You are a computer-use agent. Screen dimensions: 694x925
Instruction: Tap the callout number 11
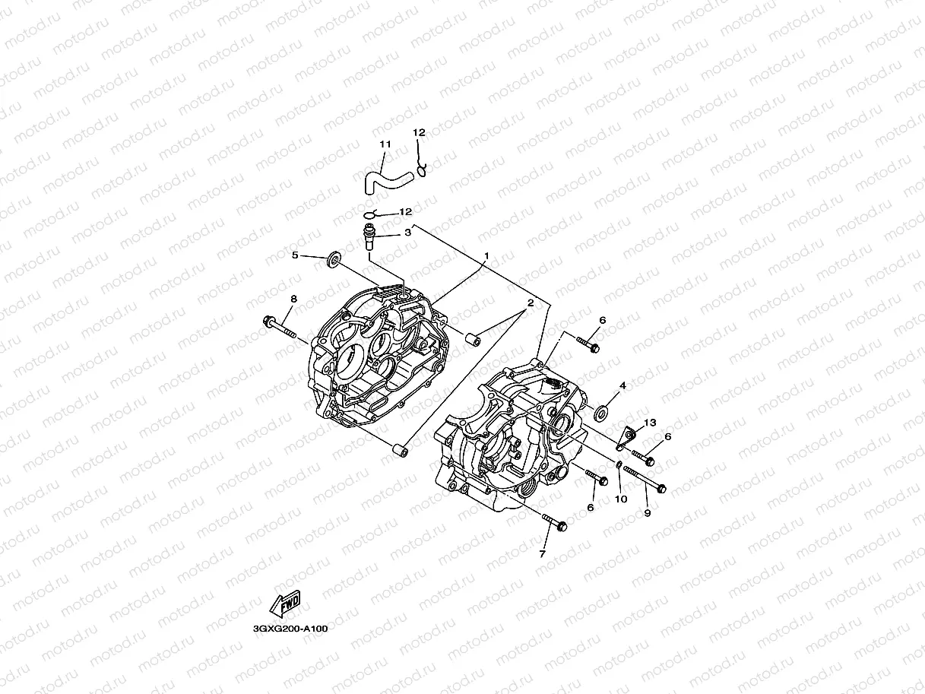[385, 144]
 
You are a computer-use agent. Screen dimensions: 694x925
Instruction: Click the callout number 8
[293, 299]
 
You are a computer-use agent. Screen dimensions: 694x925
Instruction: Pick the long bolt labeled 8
[286, 328]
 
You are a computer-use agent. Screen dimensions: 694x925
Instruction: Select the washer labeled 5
[334, 262]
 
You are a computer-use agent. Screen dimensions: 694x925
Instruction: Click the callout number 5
[296, 255]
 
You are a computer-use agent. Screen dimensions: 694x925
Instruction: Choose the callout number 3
[407, 233]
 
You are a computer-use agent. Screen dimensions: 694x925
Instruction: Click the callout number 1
[486, 256]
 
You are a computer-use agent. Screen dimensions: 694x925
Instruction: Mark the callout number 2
[530, 303]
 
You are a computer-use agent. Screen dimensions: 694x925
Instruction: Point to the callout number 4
[622, 386]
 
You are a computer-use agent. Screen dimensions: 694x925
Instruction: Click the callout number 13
[649, 423]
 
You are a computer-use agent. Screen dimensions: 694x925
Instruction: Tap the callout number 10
[621, 499]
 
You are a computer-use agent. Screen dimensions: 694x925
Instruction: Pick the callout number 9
[647, 513]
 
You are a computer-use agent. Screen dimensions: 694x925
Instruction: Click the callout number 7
[542, 554]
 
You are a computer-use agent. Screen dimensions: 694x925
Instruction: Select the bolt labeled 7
[556, 523]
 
